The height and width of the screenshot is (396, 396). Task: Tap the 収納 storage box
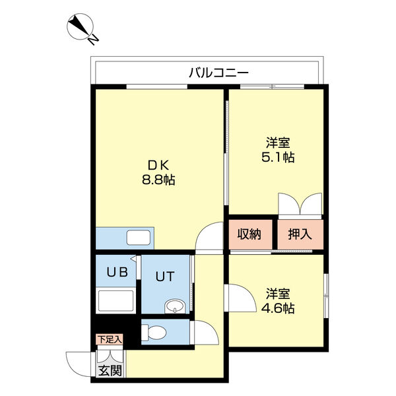click(x=250, y=234)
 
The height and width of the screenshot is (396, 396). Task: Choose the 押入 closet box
click(x=300, y=234)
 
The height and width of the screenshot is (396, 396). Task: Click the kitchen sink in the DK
click(x=139, y=237)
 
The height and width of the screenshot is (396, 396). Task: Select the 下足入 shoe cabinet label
click(x=110, y=340)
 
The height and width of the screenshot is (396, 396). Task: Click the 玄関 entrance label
click(x=110, y=370)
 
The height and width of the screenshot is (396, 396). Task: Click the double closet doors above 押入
click(x=300, y=204)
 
